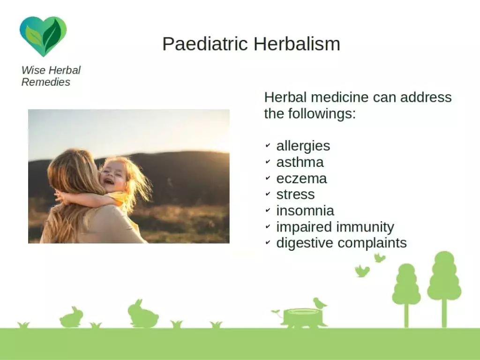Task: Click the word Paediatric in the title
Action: [205, 44]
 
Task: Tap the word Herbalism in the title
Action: [297, 44]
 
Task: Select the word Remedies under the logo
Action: [46, 82]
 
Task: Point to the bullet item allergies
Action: [303, 146]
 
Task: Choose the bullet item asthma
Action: [300, 162]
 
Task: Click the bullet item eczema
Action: [301, 179]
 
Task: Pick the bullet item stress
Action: [295, 195]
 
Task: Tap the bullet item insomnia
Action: [305, 210]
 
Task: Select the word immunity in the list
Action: [365, 227]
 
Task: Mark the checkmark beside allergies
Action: [268, 145]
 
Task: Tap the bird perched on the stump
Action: [319, 303]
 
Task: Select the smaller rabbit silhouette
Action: [71, 317]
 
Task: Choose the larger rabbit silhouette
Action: [142, 314]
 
